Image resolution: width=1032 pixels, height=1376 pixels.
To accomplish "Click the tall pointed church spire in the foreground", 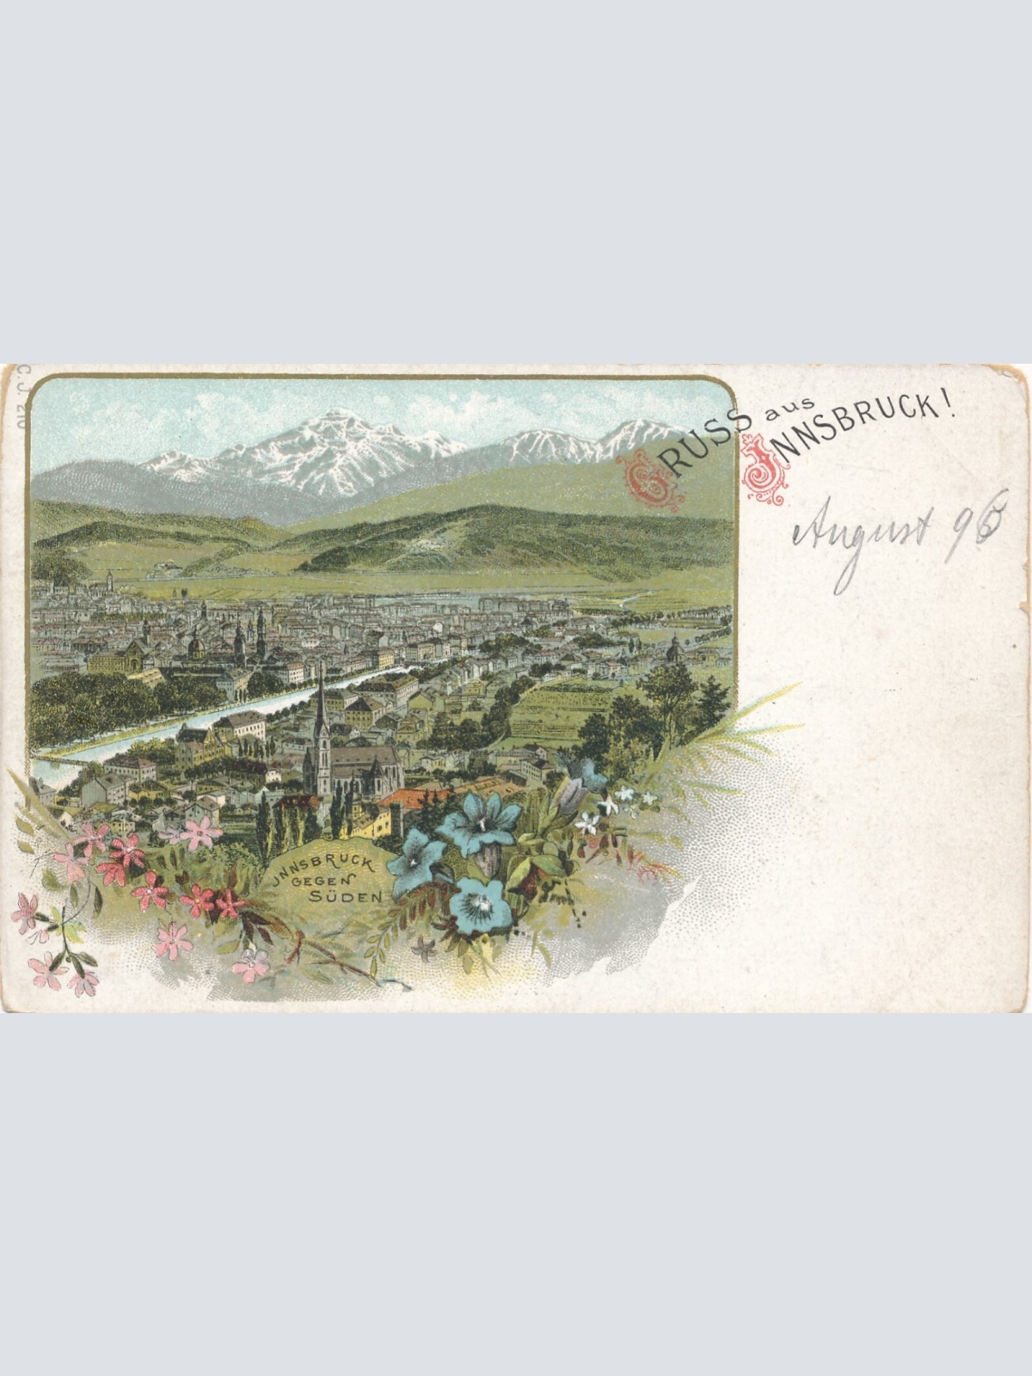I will (x=322, y=714).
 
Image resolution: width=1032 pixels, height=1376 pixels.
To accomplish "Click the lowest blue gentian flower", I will (x=479, y=906).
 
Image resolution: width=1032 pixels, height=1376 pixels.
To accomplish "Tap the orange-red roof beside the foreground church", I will (x=411, y=797).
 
